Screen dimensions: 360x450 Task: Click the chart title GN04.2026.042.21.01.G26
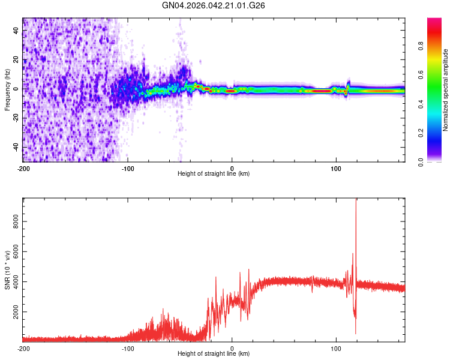pos(214,5)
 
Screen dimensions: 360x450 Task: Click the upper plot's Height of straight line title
pos(214,174)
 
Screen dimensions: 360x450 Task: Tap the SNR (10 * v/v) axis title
pos(7,269)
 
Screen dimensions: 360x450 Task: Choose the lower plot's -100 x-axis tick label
pos(128,349)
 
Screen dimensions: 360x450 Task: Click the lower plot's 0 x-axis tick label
pos(232,349)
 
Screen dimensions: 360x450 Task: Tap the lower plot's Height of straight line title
pos(214,354)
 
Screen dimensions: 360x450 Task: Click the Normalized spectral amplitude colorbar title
pos(445,90)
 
